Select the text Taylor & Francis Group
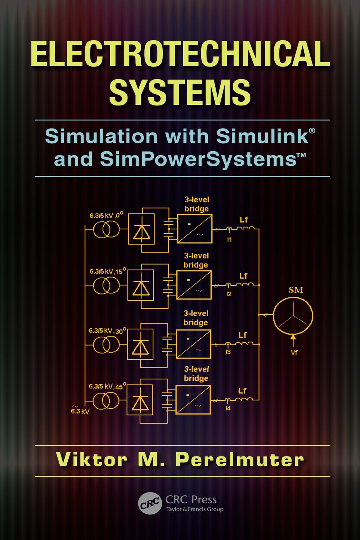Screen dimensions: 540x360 point(194,509)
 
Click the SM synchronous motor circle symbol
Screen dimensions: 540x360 point(293,314)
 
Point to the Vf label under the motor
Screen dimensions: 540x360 point(294,352)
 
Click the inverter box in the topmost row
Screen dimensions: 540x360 point(194,229)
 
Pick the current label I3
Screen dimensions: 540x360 point(228,352)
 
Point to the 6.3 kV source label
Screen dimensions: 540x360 point(80,411)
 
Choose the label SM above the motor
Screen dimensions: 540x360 point(296,290)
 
